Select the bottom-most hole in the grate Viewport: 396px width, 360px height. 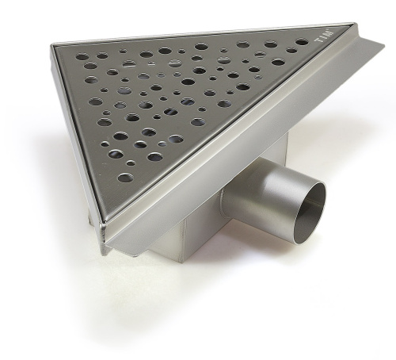click(x=125, y=178)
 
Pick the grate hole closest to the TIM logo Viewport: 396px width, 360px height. click(x=302, y=42)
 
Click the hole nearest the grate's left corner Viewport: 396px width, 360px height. click(x=82, y=56)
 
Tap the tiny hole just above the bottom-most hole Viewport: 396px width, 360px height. click(x=130, y=163)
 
